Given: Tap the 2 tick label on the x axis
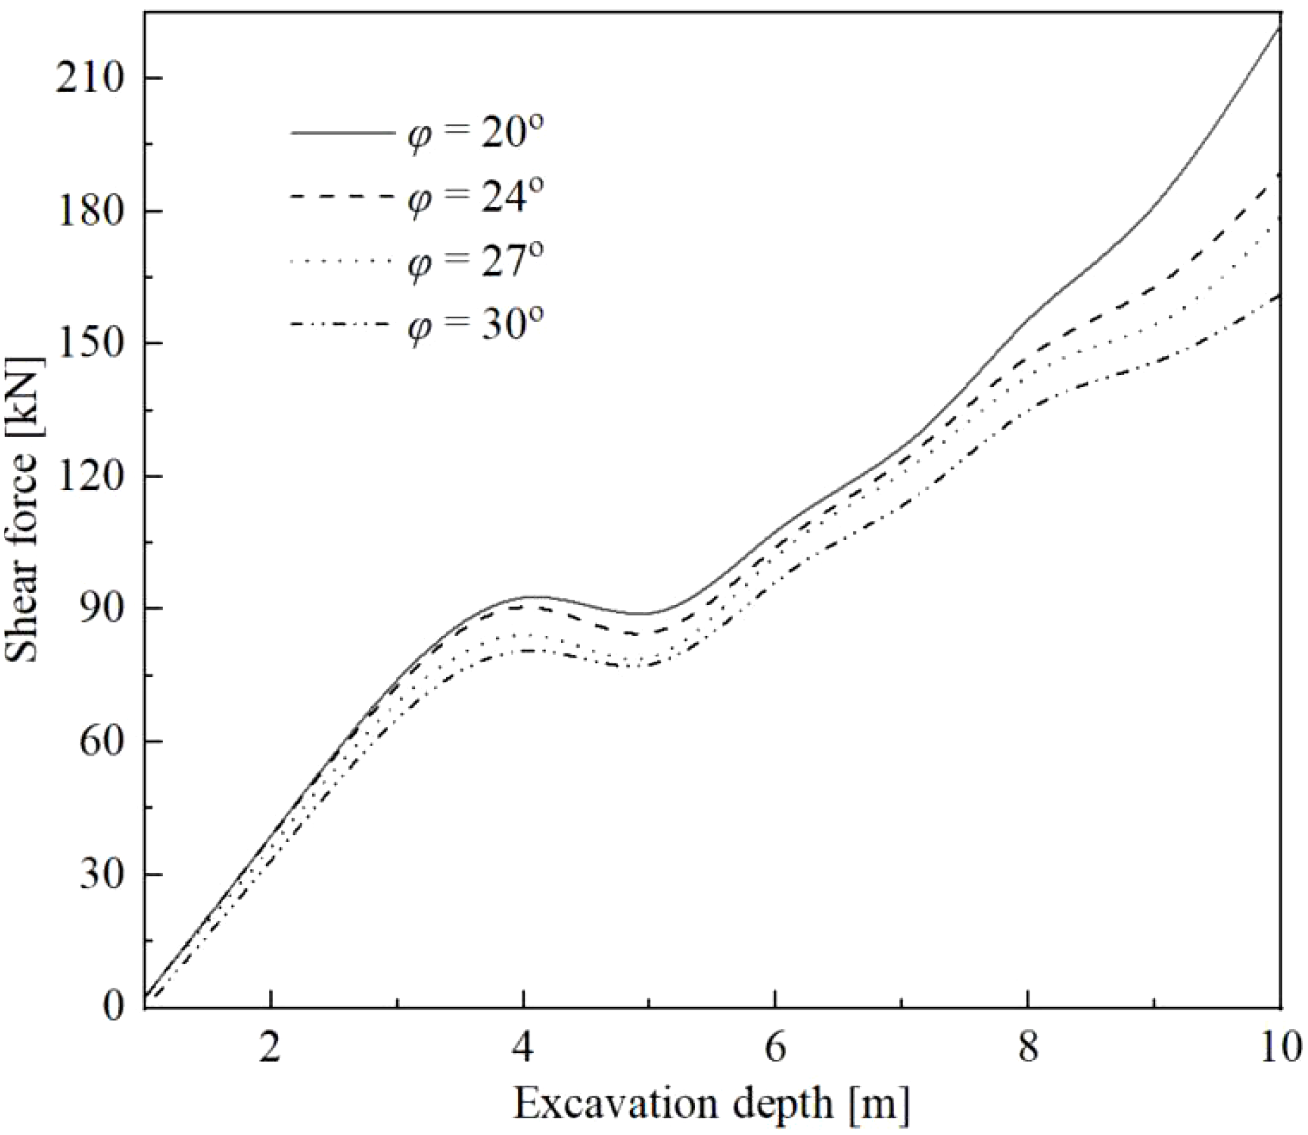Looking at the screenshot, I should [271, 1049].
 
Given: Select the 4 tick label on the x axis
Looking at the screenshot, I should [523, 1049].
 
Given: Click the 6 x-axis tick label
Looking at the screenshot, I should [775, 1049].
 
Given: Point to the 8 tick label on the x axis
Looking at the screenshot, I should [1027, 1049].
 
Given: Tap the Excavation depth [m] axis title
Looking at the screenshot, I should [712, 1105].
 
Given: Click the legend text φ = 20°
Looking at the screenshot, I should [476, 132].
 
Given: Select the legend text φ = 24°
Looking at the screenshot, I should [476, 196].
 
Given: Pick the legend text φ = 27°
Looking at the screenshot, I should [476, 260].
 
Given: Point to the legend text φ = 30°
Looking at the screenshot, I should [476, 324].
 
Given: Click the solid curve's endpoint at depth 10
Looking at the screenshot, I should [1280, 27].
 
